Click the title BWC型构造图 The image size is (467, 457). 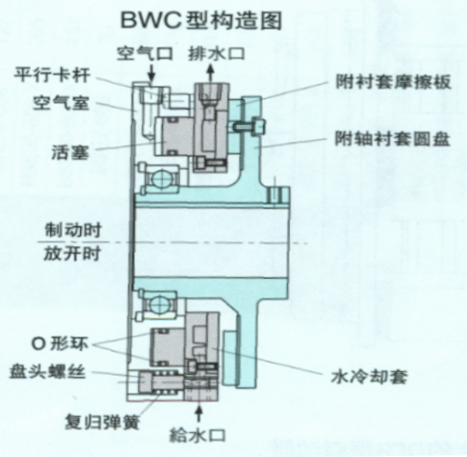point(201,21)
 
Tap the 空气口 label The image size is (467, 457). point(144,53)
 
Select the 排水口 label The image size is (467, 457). point(216,53)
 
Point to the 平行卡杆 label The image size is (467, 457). point(52,75)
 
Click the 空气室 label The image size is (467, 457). point(62,103)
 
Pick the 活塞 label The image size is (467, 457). point(70,152)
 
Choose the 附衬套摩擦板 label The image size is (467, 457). point(393,82)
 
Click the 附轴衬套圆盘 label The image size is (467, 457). point(392,139)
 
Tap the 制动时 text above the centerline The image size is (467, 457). point(73,230)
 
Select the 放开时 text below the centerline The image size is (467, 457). point(72,254)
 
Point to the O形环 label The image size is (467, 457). point(60,344)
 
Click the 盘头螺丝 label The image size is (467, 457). point(48,372)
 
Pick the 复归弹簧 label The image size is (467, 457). point(103,422)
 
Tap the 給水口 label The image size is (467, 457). point(198,435)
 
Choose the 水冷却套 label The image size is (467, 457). point(369,377)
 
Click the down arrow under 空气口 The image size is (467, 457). point(151,73)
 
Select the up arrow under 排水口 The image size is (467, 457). point(211,73)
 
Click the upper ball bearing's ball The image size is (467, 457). point(160,179)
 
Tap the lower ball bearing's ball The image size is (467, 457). point(160,304)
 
